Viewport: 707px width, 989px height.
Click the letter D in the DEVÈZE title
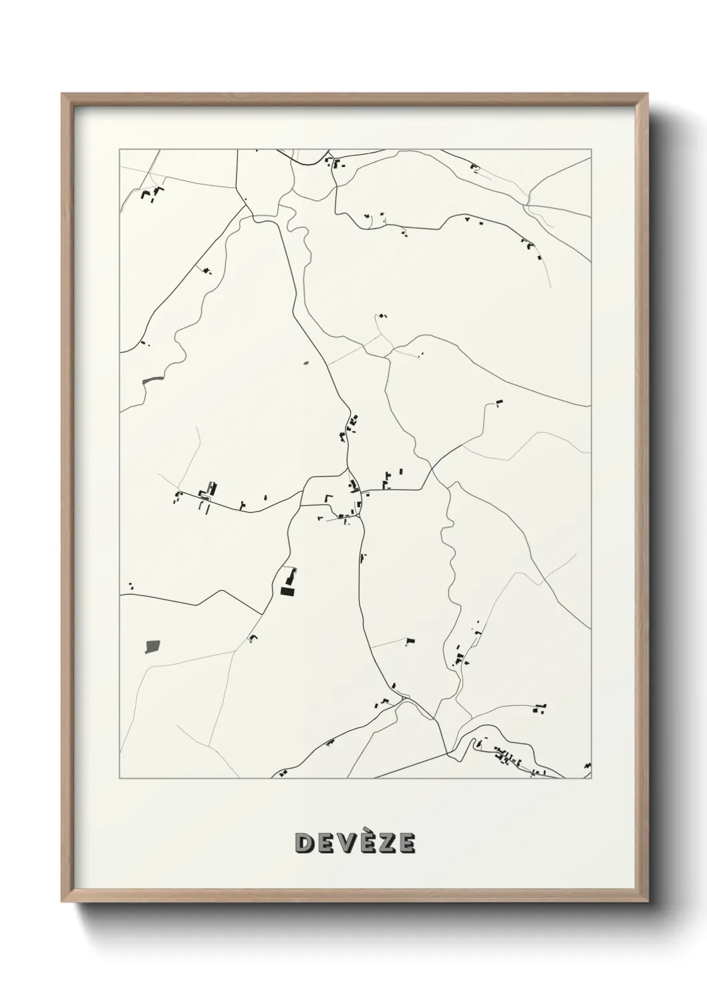point(304,843)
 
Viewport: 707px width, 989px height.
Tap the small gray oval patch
point(306,364)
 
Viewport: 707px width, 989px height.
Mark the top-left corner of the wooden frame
point(63,94)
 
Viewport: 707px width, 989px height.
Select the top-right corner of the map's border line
point(591,150)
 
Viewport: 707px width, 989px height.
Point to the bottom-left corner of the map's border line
point(120,779)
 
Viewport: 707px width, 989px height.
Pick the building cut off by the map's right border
point(587,765)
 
